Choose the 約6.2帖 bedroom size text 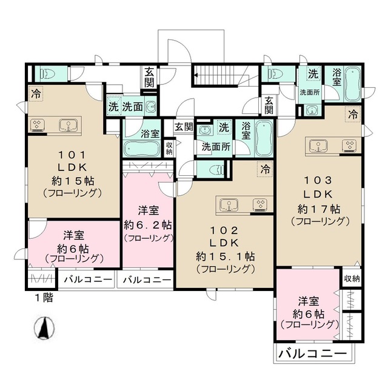tap(147, 224)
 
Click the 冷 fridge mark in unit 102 tap(264, 170)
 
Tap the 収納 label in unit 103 tap(351, 279)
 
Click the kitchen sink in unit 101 tap(69, 125)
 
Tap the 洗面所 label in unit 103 tap(312, 93)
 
